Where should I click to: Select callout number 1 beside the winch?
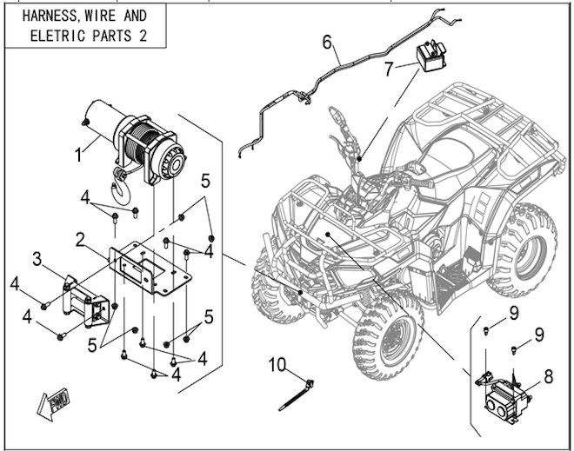pyautogui.click(x=78, y=156)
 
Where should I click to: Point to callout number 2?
pyautogui.click(x=79, y=237)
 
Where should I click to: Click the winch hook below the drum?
pyautogui.click(x=121, y=180)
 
